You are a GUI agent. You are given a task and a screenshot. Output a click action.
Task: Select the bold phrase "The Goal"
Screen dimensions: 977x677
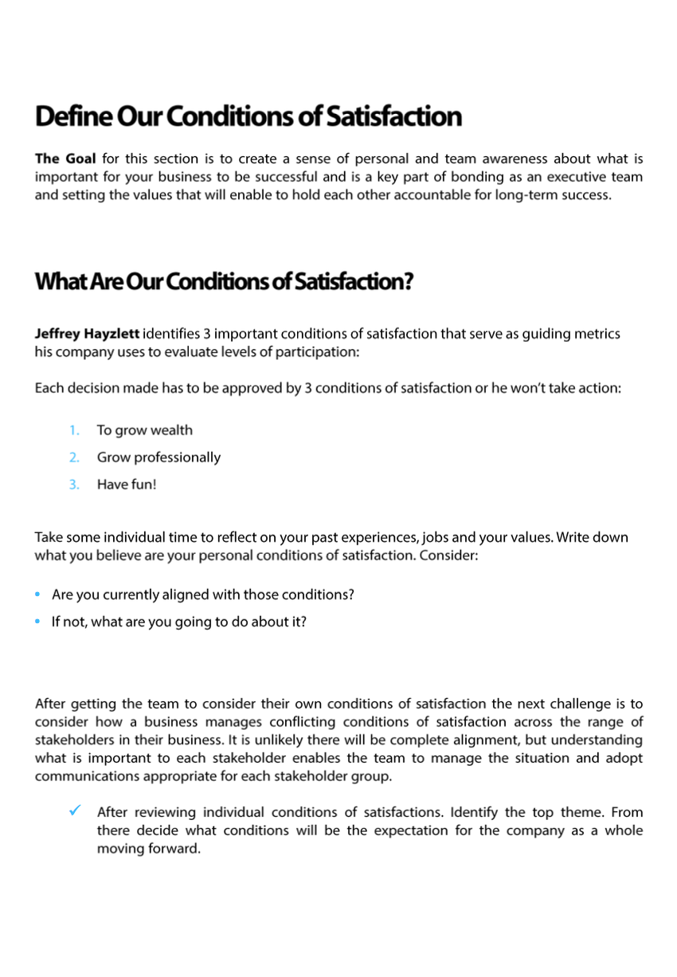click(x=65, y=159)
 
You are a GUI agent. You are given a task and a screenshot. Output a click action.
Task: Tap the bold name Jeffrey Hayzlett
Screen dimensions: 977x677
click(x=86, y=334)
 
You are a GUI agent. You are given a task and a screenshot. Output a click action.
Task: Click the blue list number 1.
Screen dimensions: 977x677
click(x=74, y=430)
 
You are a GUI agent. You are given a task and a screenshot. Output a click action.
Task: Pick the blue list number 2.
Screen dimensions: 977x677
click(x=74, y=457)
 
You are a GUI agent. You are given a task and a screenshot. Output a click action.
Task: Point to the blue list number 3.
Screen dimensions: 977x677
click(x=74, y=485)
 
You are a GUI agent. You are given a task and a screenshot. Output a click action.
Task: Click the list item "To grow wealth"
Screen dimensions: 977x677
click(x=144, y=430)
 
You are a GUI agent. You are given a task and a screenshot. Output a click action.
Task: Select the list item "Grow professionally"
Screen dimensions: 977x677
click(x=158, y=457)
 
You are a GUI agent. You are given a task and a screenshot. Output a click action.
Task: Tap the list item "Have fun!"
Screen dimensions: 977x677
click(x=127, y=485)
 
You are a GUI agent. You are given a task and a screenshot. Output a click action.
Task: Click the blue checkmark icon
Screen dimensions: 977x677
click(x=74, y=811)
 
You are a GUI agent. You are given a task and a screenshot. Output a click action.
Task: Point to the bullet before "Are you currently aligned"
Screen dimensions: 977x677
click(x=39, y=595)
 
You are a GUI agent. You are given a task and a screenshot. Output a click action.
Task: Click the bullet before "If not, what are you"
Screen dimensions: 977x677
click(x=39, y=622)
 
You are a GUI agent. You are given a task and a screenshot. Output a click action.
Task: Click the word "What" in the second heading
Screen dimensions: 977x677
click(x=57, y=282)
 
